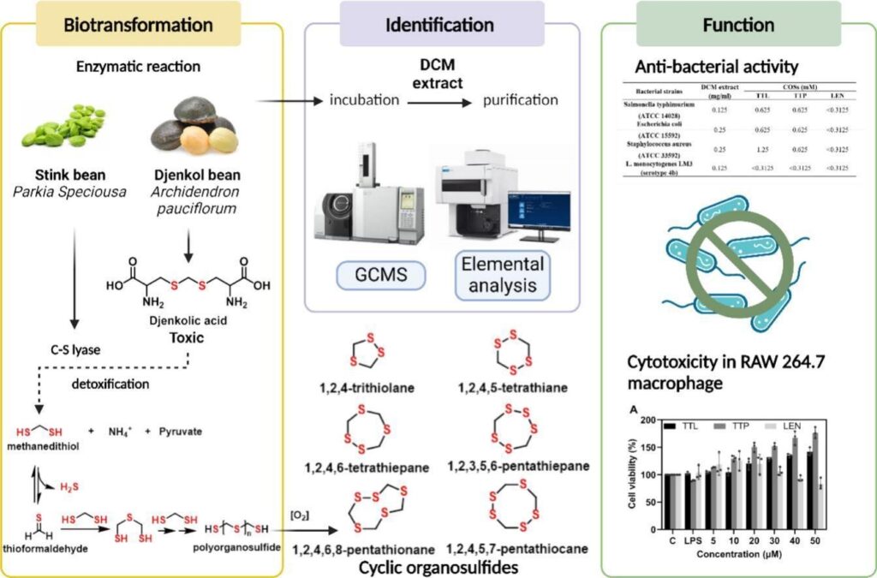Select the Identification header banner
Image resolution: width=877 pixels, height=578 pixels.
(439, 24)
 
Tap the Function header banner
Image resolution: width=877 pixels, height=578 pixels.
(737, 24)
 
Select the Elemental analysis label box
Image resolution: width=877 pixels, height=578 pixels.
(500, 274)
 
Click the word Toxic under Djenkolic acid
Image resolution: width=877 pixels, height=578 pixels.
(185, 337)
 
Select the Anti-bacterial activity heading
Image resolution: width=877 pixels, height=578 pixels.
(717, 67)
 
